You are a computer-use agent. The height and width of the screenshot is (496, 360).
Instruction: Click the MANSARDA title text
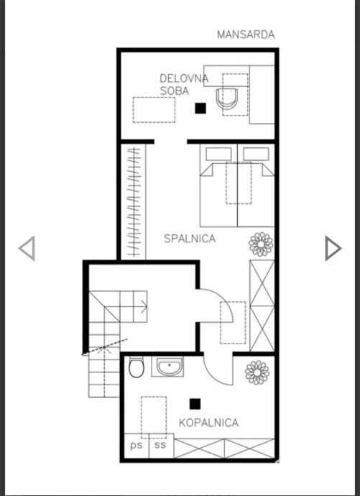point(246,35)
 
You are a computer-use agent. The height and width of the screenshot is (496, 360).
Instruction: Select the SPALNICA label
point(190,238)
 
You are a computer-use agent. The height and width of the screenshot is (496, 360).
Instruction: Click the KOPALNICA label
point(208,423)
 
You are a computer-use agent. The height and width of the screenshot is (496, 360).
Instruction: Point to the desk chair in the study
point(227,98)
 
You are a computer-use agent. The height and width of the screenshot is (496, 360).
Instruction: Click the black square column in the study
point(200,108)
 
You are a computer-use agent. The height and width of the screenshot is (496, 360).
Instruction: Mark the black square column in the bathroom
point(195,404)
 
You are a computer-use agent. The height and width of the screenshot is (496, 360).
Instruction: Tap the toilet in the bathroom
point(137,367)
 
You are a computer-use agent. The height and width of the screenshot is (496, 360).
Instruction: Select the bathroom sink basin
point(170,367)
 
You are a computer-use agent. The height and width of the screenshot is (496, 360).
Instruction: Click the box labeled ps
point(137,446)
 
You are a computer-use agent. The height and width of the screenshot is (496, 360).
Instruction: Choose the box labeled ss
point(161,446)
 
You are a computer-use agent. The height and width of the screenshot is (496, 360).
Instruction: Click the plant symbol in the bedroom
point(261,244)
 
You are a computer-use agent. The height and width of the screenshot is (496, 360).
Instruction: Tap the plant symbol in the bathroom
point(257,372)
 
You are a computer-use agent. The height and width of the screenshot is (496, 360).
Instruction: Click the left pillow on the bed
point(218,154)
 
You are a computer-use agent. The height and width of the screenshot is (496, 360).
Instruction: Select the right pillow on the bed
point(256,154)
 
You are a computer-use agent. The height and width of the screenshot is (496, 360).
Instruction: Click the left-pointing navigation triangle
point(27,248)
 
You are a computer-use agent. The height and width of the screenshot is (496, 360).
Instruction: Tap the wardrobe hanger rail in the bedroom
point(134,201)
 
